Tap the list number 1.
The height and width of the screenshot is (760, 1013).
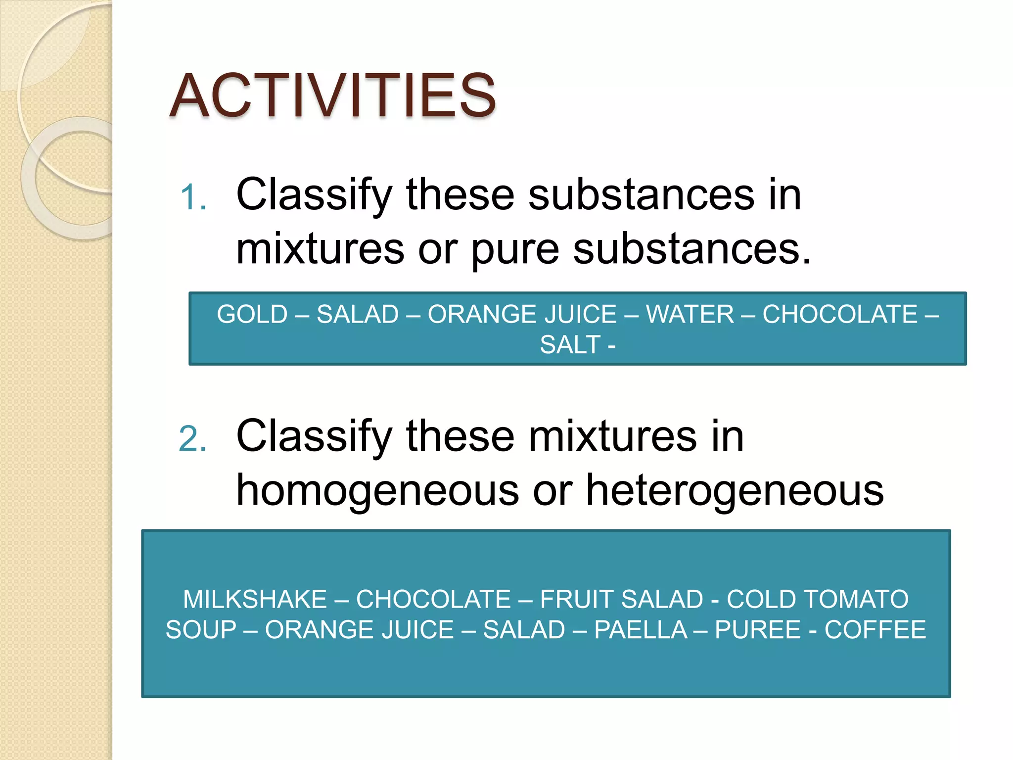coord(193,198)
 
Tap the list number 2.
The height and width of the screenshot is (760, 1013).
coord(193,439)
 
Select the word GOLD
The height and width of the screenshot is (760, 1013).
coord(252,315)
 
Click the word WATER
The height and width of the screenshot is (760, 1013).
coord(690,315)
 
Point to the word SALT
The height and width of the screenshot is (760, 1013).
coord(570,345)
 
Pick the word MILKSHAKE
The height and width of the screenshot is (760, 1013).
coord(255,600)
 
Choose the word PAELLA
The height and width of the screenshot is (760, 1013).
coord(641,630)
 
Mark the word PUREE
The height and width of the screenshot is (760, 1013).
coord(757,630)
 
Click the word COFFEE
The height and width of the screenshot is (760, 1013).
coord(875,630)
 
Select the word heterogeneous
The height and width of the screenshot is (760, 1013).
coord(735,491)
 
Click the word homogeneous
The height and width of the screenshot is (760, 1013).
coord(377,491)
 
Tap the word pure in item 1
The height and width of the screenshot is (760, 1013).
coord(514,250)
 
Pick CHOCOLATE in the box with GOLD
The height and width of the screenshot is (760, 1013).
coord(839,315)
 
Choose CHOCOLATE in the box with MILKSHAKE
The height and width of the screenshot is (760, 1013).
coord(433,600)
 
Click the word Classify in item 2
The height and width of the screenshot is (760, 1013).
coord(314,437)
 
